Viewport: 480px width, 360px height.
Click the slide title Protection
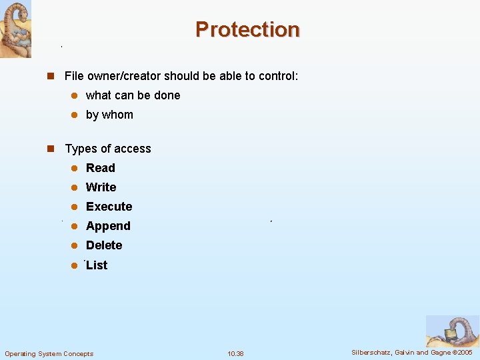pos(247,29)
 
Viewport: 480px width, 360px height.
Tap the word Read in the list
pos(100,168)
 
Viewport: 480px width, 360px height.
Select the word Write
pos(101,187)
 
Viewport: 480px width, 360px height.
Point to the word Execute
pos(109,207)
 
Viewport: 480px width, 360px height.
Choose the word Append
pos(108,226)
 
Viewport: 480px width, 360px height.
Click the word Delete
pos(104,245)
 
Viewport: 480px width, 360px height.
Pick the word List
pos(97,265)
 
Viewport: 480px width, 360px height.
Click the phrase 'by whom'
pos(109,115)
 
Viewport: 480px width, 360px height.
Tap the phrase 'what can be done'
pos(133,95)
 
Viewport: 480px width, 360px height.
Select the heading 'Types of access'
pos(108,149)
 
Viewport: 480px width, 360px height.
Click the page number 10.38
pos(235,353)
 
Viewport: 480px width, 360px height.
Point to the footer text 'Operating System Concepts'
pos(49,353)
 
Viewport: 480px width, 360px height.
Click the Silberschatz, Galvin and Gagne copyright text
pos(411,352)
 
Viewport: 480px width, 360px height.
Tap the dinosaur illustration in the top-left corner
pos(15,29)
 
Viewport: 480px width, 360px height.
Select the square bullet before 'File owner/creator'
pos(49,76)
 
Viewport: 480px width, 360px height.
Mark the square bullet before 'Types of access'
pos(49,149)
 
